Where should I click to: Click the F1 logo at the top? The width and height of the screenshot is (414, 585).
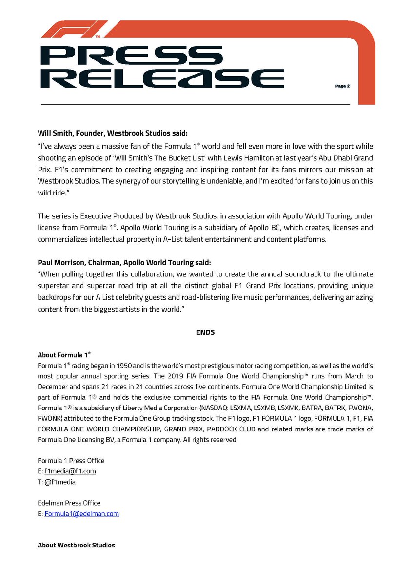(73, 30)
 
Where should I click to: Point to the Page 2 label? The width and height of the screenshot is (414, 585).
(342, 86)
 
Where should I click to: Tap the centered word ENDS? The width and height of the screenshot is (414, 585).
(205, 332)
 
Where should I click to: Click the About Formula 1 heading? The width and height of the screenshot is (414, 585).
(64, 354)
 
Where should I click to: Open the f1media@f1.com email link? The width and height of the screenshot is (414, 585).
(70, 471)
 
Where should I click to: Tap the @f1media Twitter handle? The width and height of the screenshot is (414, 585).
(60, 482)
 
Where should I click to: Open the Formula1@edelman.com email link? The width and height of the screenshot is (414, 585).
(82, 513)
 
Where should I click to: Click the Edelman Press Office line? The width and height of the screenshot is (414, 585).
(69, 503)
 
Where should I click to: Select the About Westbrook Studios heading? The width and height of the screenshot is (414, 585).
(76, 545)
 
